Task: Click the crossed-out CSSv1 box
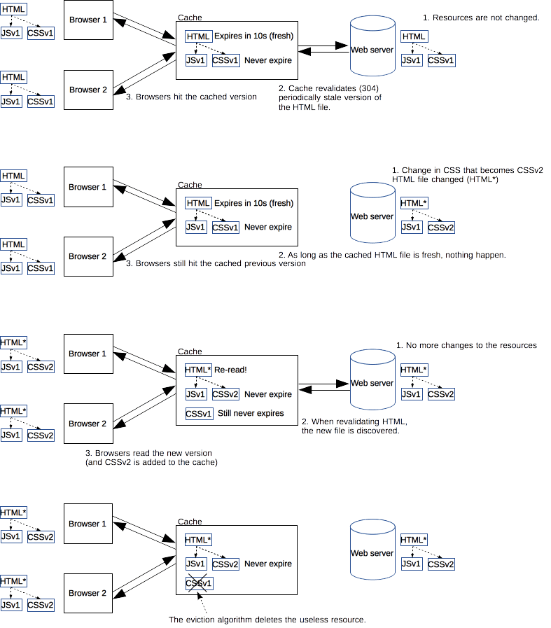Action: [199, 583]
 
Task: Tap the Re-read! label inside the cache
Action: [230, 370]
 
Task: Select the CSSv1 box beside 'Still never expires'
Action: [199, 414]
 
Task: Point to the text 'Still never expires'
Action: [251, 413]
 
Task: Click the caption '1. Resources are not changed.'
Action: [482, 17]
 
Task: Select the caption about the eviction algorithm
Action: [267, 620]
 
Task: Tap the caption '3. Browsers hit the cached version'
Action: [191, 97]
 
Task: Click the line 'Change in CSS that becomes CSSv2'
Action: [467, 170]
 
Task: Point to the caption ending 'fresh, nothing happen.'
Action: [391, 255]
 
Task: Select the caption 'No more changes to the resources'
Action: [466, 345]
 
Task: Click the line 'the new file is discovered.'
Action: [350, 431]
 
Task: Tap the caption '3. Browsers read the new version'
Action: [148, 453]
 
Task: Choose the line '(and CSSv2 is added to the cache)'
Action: [151, 463]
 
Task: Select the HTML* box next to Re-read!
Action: [197, 370]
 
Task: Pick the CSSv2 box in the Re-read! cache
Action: [225, 394]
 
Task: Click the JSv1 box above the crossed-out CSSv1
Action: [196, 564]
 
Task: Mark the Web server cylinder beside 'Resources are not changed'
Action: [372, 49]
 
